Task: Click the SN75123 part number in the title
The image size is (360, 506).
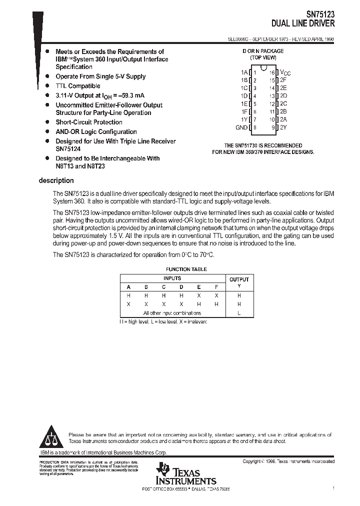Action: [x=320, y=15]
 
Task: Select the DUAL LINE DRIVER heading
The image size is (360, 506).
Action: [x=303, y=23]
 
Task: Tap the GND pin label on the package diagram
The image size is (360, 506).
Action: [x=241, y=127]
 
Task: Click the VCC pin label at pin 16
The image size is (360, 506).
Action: [x=285, y=72]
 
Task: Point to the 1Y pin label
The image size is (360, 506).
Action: [x=244, y=119]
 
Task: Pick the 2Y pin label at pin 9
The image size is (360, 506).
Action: [x=283, y=127]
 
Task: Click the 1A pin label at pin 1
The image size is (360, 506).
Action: [x=244, y=72]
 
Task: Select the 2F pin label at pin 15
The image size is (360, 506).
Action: [x=283, y=80]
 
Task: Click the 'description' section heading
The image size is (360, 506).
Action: [x=56, y=180]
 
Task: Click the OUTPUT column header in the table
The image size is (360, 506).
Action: [x=238, y=279]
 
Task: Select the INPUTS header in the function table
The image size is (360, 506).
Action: [x=172, y=278]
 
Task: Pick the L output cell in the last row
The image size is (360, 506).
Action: [x=238, y=313]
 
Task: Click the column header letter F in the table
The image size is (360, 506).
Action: [x=215, y=287]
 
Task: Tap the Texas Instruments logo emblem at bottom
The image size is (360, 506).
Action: [x=163, y=470]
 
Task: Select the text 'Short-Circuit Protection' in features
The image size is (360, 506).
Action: [x=88, y=122]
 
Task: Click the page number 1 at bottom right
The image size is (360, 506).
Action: [x=333, y=487]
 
